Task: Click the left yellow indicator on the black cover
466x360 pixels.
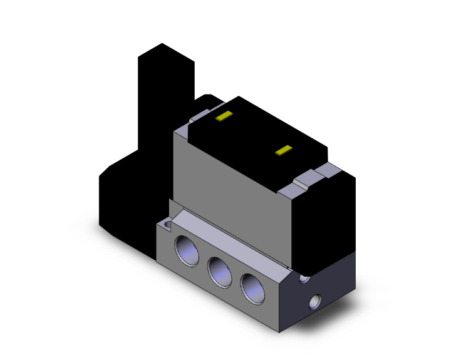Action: point(223,116)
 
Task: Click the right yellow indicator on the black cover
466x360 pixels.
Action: point(285,150)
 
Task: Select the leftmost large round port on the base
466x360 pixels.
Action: point(189,250)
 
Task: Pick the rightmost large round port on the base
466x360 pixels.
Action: point(252,289)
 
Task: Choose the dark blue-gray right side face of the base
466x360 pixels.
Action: point(326,294)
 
